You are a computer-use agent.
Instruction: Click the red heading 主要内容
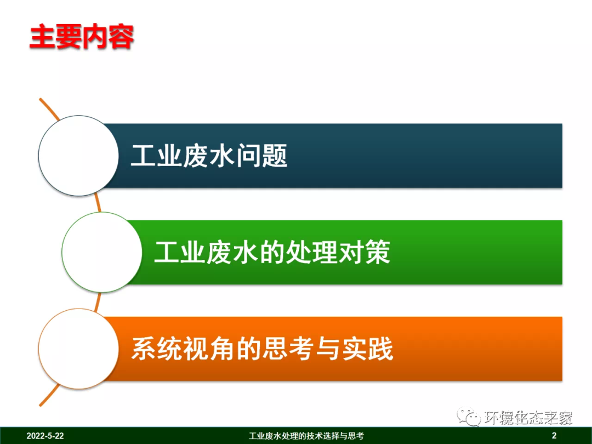click(82, 37)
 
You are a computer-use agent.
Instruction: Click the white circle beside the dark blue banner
click(78, 156)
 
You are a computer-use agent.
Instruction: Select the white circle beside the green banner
click(102, 252)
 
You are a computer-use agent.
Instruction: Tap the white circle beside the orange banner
click(78, 349)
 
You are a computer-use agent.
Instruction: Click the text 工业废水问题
click(209, 156)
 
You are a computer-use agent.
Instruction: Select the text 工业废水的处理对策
click(272, 253)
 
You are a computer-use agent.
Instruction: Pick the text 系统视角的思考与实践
click(262, 349)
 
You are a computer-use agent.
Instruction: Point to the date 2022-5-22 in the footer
click(45, 436)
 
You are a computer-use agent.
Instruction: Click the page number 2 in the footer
click(554, 436)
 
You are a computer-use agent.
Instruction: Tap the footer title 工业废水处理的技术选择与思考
click(306, 436)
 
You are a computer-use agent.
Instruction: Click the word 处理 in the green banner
click(311, 253)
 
